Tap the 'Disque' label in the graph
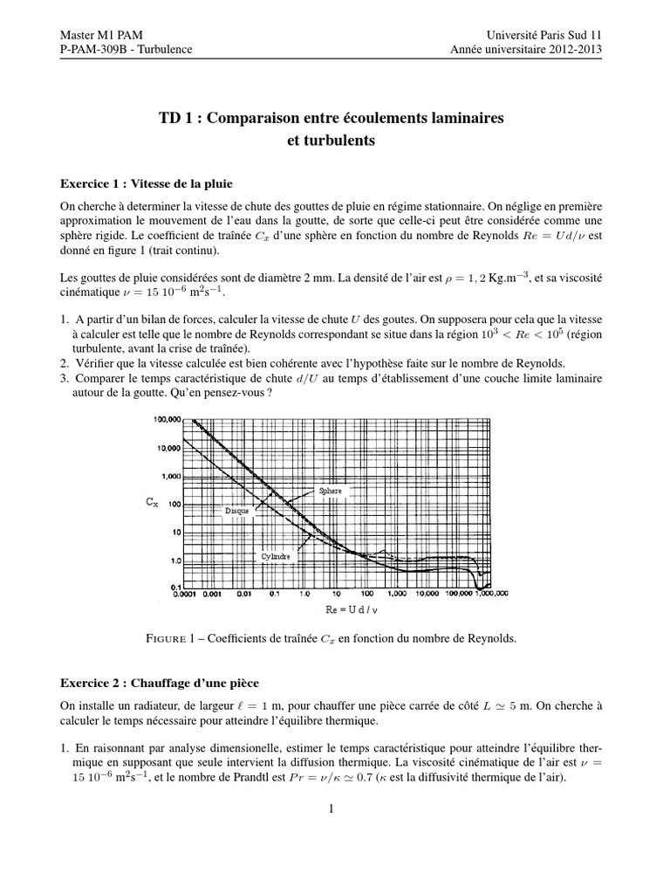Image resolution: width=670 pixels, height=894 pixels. [237, 511]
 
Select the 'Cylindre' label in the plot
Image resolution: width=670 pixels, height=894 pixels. [277, 555]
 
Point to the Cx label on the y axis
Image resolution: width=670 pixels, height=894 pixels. [151, 504]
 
